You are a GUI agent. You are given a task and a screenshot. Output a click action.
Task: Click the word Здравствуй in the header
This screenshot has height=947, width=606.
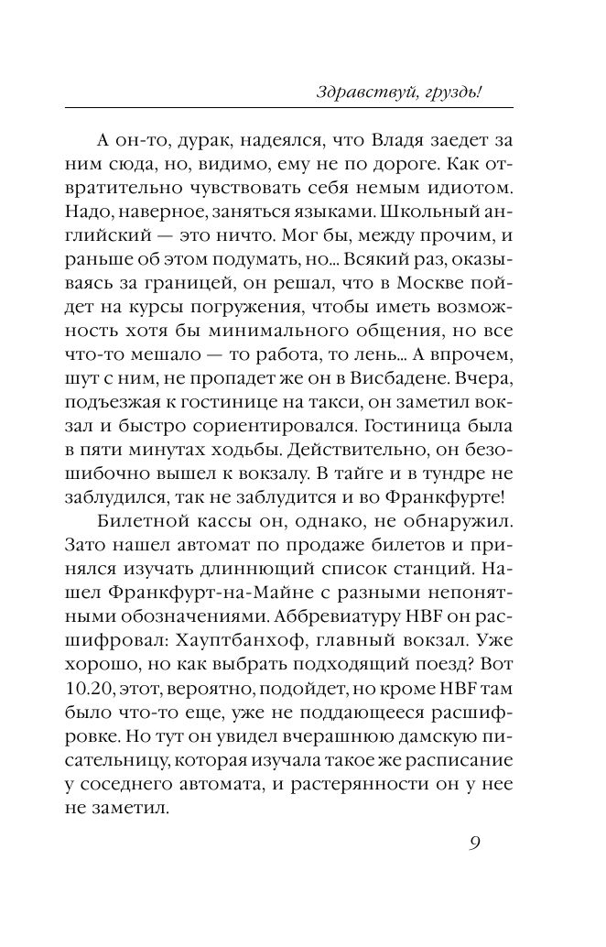point(349,92)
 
